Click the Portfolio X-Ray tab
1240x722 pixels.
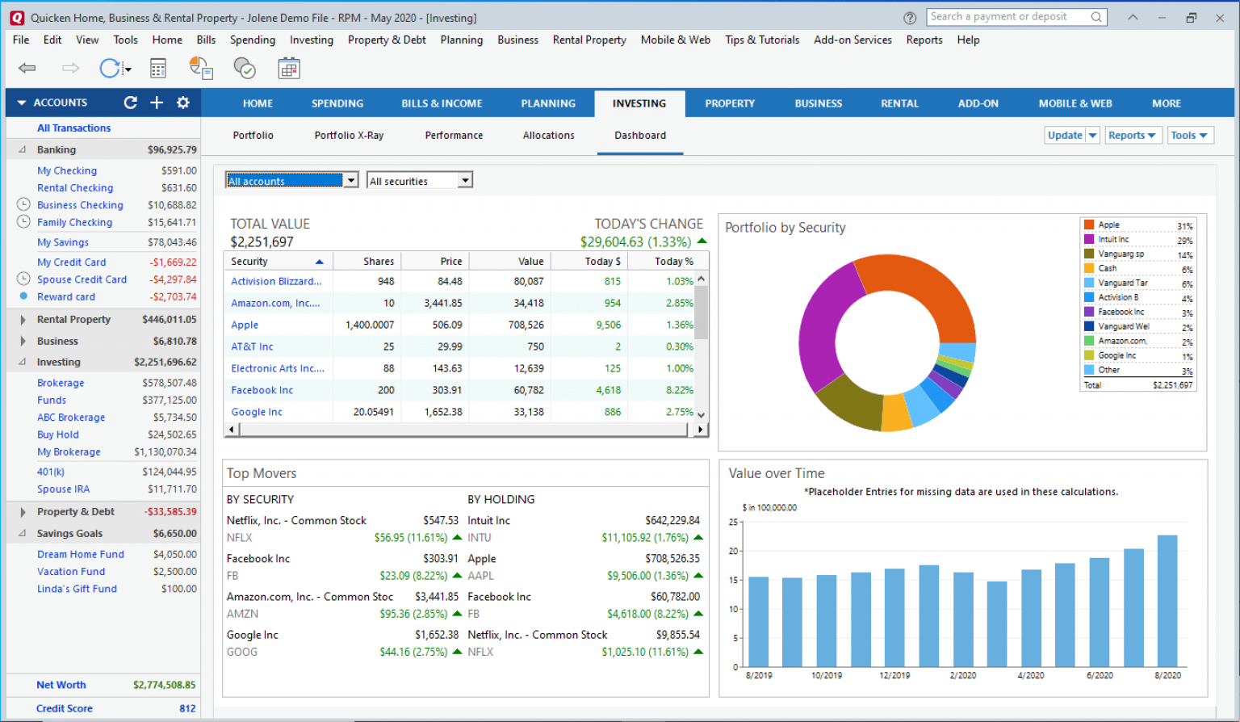[x=349, y=136]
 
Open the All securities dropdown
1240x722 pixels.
[x=419, y=181]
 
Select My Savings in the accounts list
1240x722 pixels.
[x=63, y=242]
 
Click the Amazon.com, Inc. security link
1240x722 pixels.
[x=275, y=304]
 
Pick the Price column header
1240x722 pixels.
[x=450, y=262]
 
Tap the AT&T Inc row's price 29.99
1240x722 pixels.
[x=450, y=346]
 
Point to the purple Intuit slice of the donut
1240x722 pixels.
[x=823, y=323]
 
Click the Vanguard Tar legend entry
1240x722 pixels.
[x=1122, y=283]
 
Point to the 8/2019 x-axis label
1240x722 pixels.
[x=759, y=675]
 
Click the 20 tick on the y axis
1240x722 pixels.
[x=734, y=552]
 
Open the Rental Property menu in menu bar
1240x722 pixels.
[x=589, y=40]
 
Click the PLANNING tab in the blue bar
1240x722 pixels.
[x=548, y=103]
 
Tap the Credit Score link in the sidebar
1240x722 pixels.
[x=65, y=708]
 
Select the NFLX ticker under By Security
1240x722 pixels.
[x=240, y=538]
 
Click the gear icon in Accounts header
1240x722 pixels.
[x=183, y=103]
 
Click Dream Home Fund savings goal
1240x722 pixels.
[x=81, y=555]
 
